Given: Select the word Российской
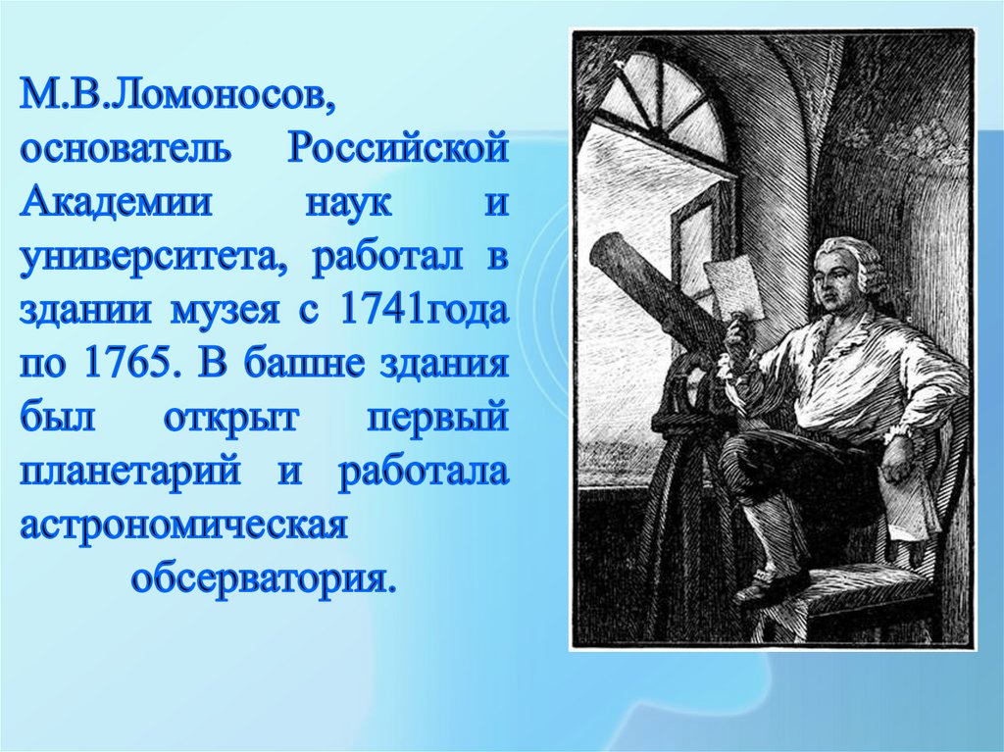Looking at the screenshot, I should (x=399, y=152).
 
